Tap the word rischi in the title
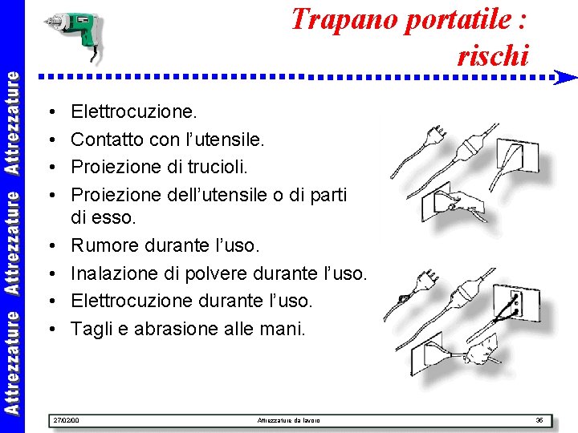pyautogui.click(x=493, y=55)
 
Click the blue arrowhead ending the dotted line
pyautogui.click(x=566, y=78)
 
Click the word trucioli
pyautogui.click(x=216, y=167)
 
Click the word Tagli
pyautogui.click(x=90, y=329)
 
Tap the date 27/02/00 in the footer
pyautogui.click(x=64, y=420)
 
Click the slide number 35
pyautogui.click(x=539, y=420)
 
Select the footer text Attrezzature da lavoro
pyautogui.click(x=288, y=420)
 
